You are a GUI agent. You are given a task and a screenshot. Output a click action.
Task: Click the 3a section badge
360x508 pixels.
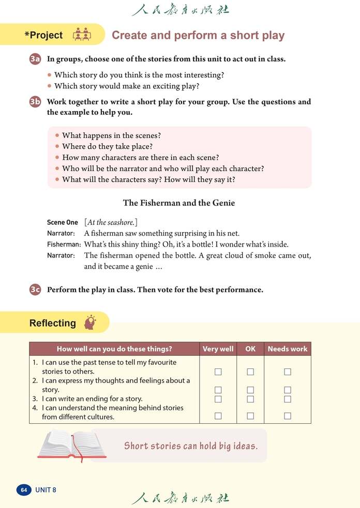35,59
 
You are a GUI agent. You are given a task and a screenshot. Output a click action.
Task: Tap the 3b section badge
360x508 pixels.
35,102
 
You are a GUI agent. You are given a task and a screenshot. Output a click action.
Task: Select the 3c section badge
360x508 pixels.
35,289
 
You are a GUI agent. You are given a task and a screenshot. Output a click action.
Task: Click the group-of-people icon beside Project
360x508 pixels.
82,35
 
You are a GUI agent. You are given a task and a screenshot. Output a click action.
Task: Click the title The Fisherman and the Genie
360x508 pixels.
179,203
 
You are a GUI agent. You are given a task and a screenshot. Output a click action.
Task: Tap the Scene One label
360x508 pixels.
63,223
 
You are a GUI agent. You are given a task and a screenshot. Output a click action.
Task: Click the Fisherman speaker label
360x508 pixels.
64,244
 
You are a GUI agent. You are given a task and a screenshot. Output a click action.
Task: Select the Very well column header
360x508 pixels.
218,349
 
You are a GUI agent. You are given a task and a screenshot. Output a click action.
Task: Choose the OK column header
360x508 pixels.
250,349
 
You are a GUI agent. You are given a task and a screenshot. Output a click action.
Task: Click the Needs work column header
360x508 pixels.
287,349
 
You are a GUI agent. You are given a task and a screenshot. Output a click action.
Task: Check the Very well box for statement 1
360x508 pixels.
218,372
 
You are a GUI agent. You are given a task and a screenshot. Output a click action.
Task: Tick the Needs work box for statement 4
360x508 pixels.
288,415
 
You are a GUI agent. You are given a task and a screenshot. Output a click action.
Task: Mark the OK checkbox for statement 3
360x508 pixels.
250,399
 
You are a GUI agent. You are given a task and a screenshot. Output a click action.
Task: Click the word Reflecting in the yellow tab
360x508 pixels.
52,324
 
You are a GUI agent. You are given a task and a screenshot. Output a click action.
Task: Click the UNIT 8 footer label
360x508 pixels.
46,489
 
